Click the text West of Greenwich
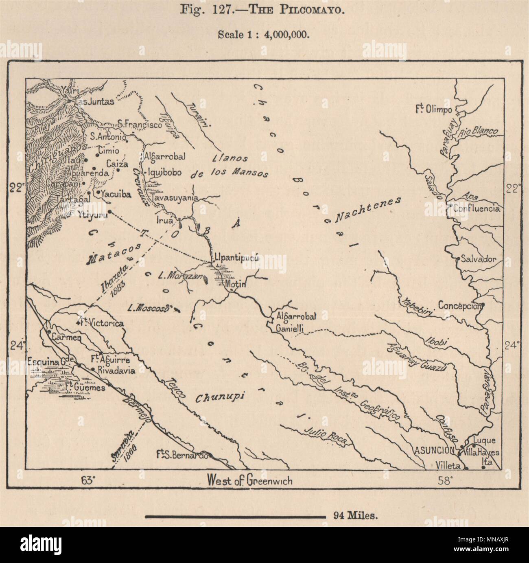tap(249, 481)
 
